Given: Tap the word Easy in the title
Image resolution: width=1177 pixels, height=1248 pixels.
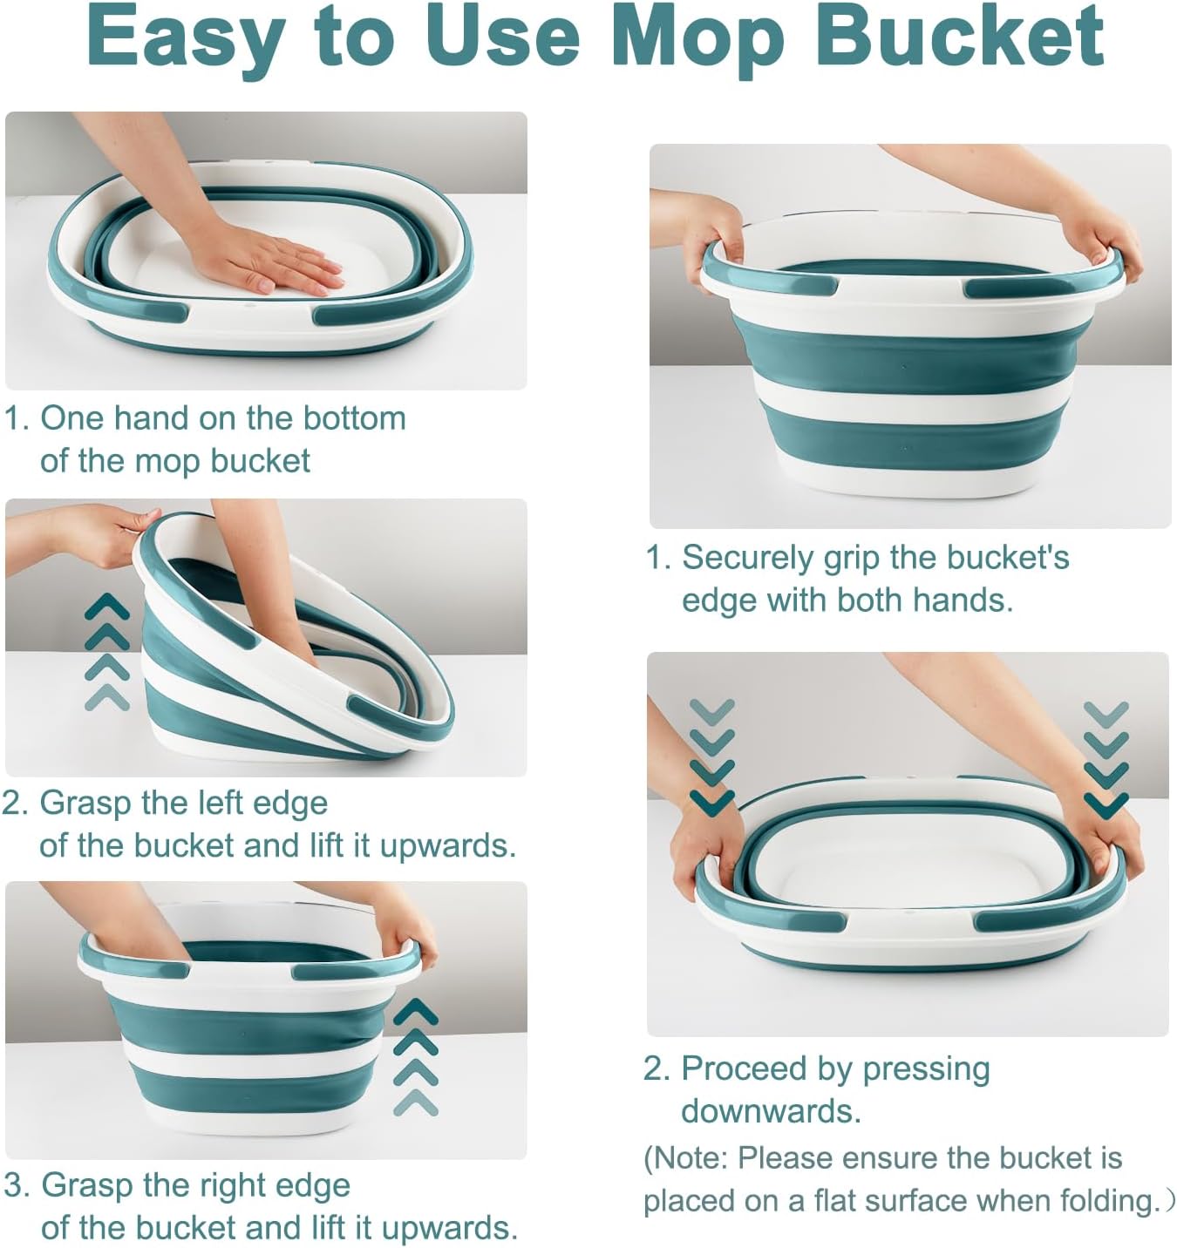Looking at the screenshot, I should click(185, 37).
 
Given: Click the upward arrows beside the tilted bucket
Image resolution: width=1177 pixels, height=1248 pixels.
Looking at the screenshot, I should click(106, 652).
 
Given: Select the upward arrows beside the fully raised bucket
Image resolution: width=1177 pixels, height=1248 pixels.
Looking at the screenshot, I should click(416, 1057).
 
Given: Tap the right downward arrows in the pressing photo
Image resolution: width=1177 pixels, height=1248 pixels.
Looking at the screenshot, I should click(1106, 758).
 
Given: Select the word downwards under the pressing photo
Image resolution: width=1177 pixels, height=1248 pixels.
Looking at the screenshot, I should click(770, 1111).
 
